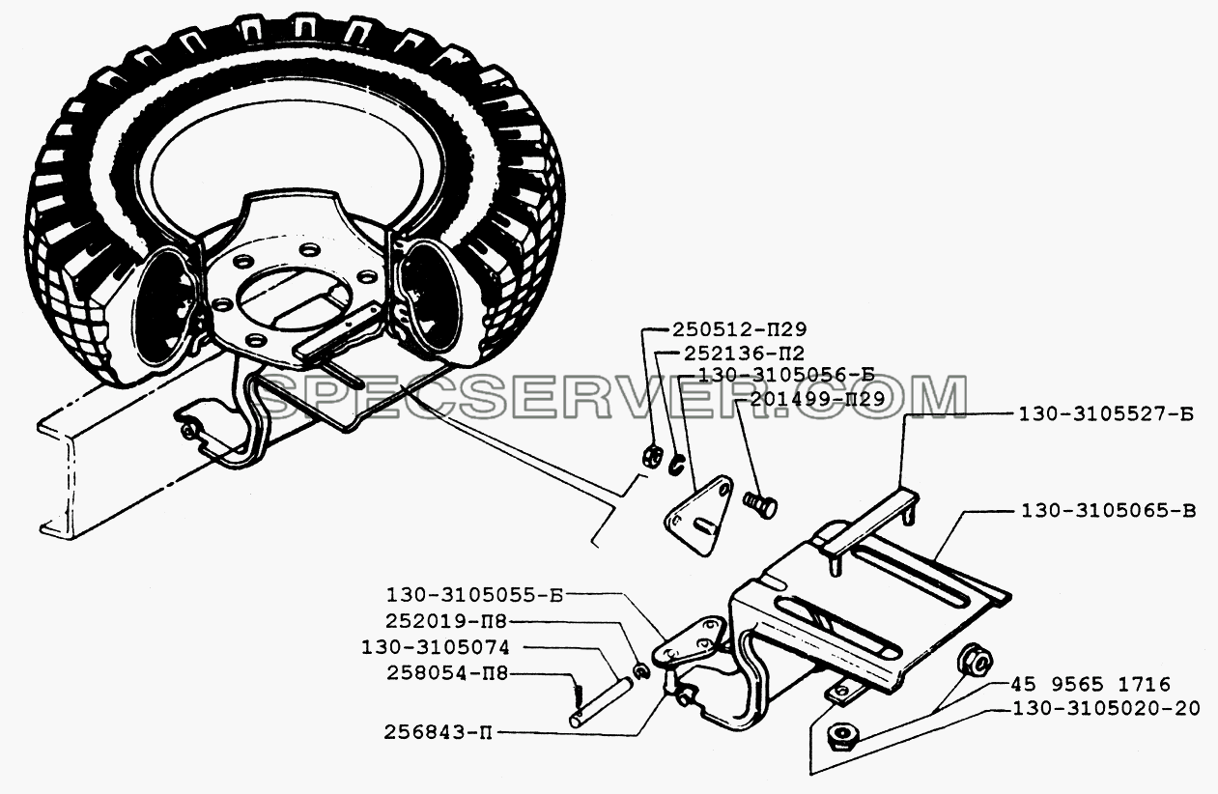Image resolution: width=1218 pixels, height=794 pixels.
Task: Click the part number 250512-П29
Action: tap(740, 329)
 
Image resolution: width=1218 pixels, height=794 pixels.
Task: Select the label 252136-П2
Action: tap(744, 354)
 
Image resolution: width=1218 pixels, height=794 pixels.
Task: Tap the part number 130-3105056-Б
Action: tap(785, 375)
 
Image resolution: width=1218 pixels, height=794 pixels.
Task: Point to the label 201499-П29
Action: tap(818, 399)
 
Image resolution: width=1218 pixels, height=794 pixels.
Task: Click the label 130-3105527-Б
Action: tap(1106, 415)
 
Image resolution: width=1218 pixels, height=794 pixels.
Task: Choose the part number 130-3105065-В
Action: tap(1109, 512)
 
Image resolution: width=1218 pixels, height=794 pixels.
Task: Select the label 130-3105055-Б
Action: tap(474, 595)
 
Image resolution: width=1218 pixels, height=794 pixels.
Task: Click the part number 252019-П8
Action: tap(446, 621)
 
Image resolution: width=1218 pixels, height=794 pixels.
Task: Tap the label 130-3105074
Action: tap(436, 647)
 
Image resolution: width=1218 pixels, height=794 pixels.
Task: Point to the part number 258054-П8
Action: tap(447, 673)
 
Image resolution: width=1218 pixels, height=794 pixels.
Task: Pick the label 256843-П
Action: tap(439, 732)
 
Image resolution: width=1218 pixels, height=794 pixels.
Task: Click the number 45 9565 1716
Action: tap(1091, 684)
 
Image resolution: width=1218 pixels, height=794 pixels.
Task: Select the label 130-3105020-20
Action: tap(1106, 708)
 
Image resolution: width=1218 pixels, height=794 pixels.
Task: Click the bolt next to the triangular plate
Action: tap(760, 504)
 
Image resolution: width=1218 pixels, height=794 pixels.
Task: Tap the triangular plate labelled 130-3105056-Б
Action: tap(698, 515)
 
